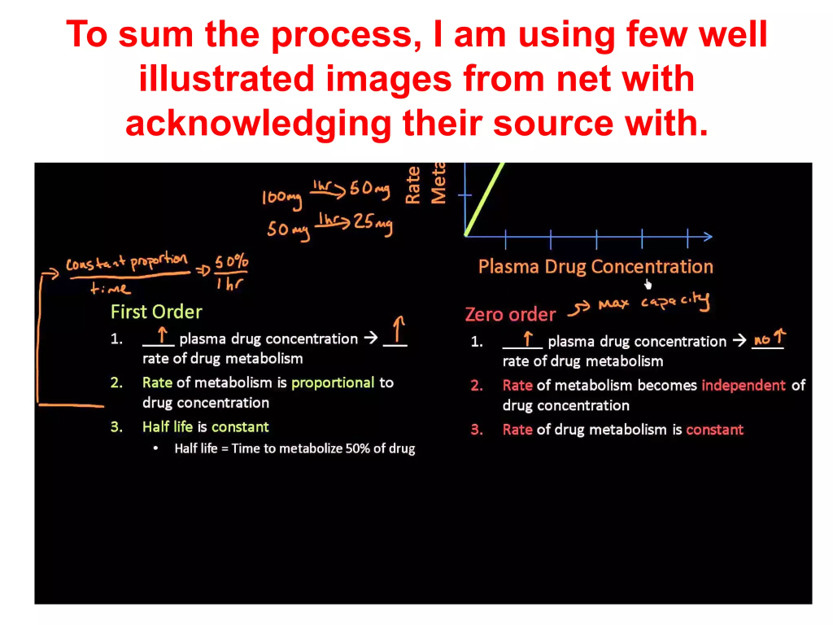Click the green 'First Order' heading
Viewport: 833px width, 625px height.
[x=156, y=312]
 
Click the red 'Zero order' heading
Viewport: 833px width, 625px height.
[x=511, y=315]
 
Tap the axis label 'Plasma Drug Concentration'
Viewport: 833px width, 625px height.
[x=595, y=266]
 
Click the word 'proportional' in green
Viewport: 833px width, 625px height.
[x=333, y=382]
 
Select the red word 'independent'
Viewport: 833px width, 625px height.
[x=744, y=385]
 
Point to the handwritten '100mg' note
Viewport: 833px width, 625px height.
[x=281, y=199]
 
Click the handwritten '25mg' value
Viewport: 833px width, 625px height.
[x=373, y=223]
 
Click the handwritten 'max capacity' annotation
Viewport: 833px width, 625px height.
[x=653, y=302]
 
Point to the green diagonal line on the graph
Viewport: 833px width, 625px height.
[x=485, y=199]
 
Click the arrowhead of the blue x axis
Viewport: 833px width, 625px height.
[x=708, y=237]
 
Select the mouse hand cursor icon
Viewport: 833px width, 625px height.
[x=648, y=284]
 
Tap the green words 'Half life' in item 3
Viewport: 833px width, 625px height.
[x=168, y=426]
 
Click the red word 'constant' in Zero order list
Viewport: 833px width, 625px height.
[x=714, y=430]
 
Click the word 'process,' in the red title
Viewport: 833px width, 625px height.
[x=347, y=34]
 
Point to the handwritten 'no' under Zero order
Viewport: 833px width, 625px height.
[x=761, y=340]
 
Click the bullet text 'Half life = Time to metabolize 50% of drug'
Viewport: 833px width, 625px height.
[x=294, y=448]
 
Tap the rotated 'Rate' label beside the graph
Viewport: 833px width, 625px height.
[x=412, y=185]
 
